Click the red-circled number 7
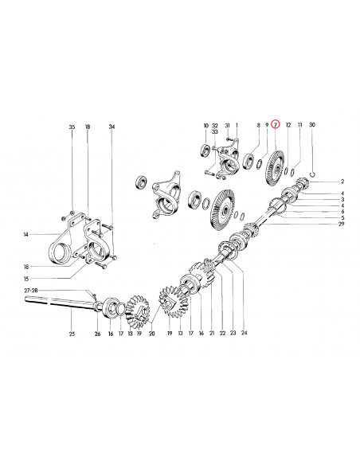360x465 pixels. (276, 125)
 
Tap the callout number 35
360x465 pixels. (71, 127)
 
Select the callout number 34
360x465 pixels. (112, 127)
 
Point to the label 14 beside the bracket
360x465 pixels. (26, 234)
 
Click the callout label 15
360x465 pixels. (26, 278)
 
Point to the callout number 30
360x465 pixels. (312, 125)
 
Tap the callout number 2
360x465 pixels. (342, 182)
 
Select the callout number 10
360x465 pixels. (205, 125)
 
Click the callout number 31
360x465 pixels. (227, 125)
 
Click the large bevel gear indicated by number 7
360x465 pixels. (276, 167)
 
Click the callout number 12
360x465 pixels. (288, 125)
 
